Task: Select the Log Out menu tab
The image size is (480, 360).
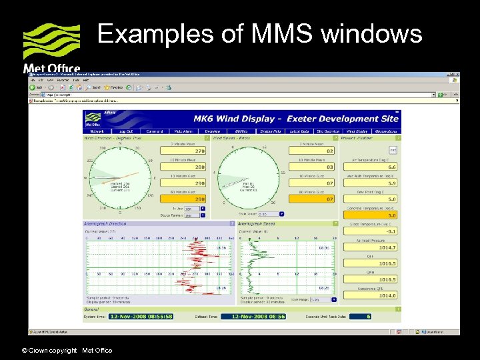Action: pyautogui.click(x=125, y=131)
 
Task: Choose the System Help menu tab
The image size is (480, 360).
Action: pyautogui.click(x=270, y=131)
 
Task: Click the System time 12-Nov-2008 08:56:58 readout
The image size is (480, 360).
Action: pyautogui.click(x=141, y=317)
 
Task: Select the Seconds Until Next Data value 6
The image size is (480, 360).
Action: pyautogui.click(x=367, y=317)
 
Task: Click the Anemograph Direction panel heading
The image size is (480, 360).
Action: pyautogui.click(x=105, y=223)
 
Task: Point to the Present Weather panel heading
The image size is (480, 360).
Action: pyautogui.click(x=358, y=138)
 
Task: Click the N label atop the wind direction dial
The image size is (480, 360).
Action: pyautogui.click(x=120, y=143)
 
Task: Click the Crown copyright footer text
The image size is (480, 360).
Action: pyautogui.click(x=67, y=351)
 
